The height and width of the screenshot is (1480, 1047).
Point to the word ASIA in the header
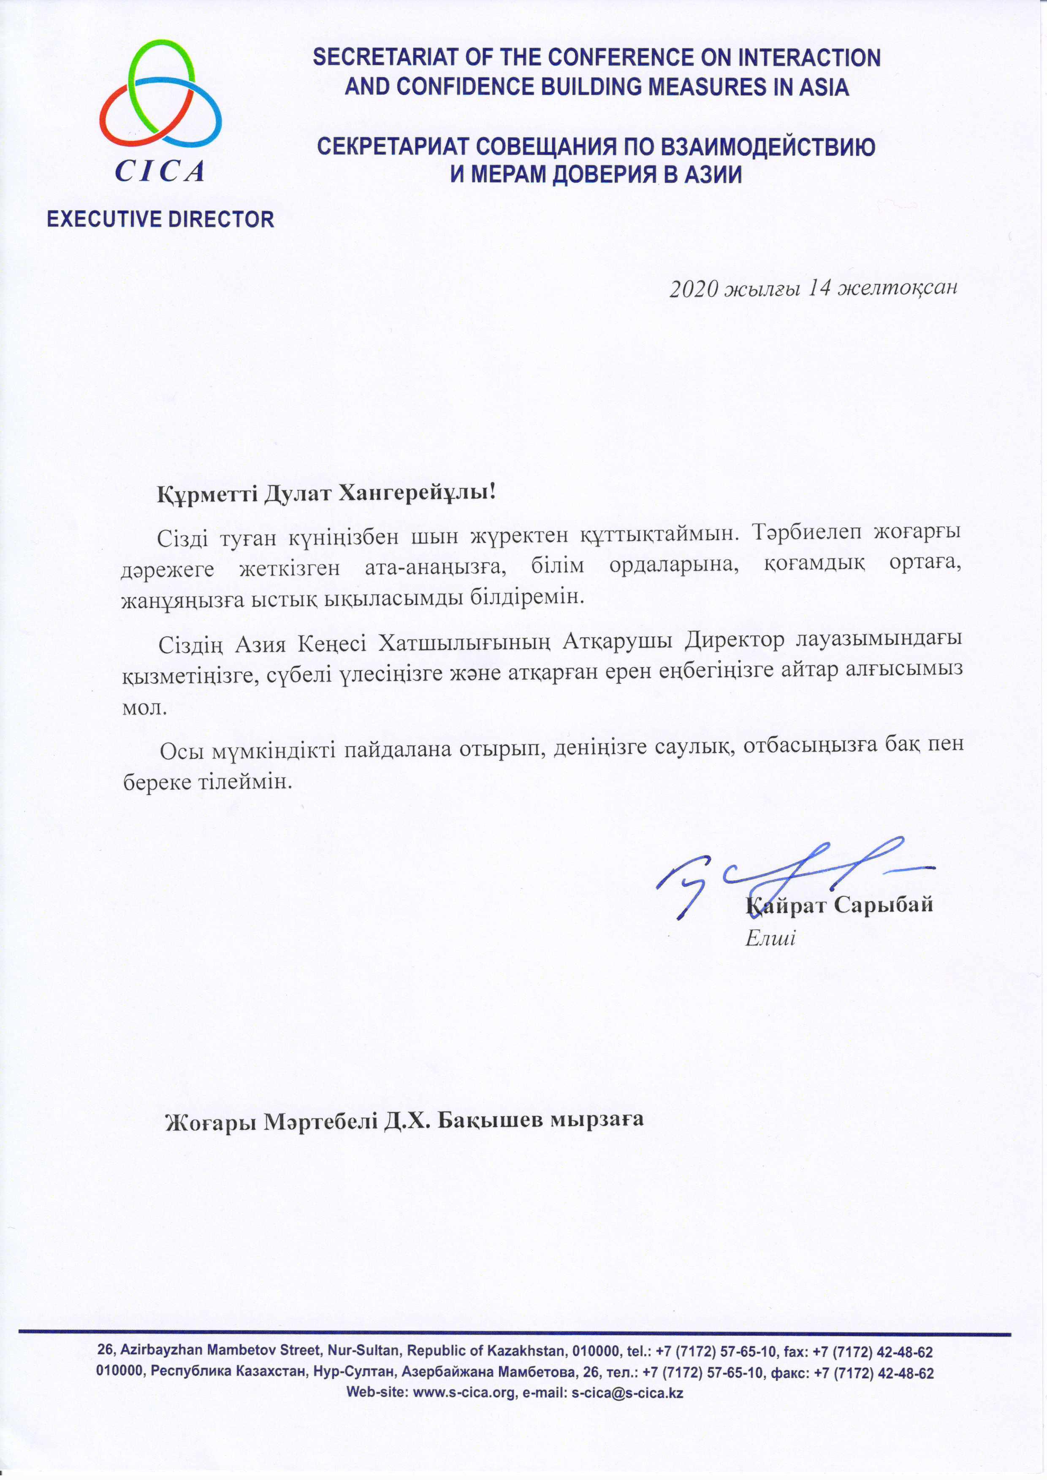pyautogui.click(x=823, y=87)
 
